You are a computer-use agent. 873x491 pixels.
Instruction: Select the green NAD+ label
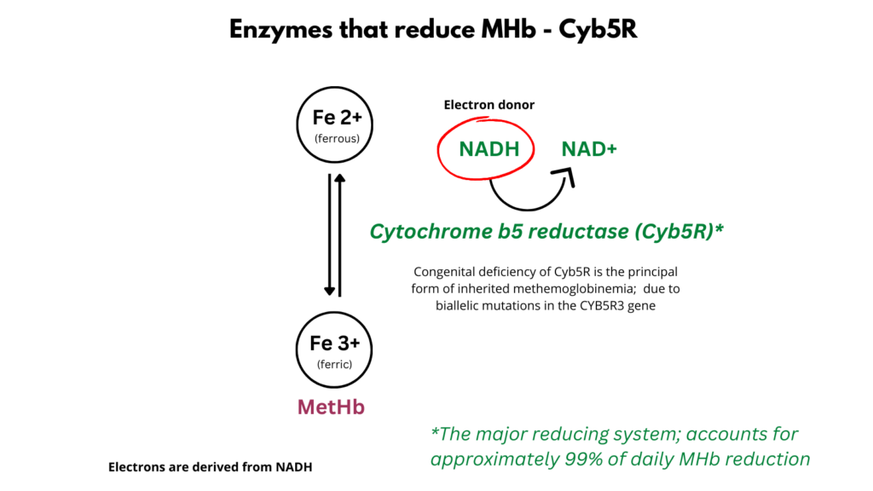[x=589, y=149]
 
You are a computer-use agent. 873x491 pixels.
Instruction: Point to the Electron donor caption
[x=489, y=105]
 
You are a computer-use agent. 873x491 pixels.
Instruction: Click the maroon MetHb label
[x=331, y=407]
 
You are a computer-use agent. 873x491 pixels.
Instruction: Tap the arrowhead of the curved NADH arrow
[x=564, y=176]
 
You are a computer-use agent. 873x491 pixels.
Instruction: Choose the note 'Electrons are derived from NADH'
[x=204, y=467]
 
